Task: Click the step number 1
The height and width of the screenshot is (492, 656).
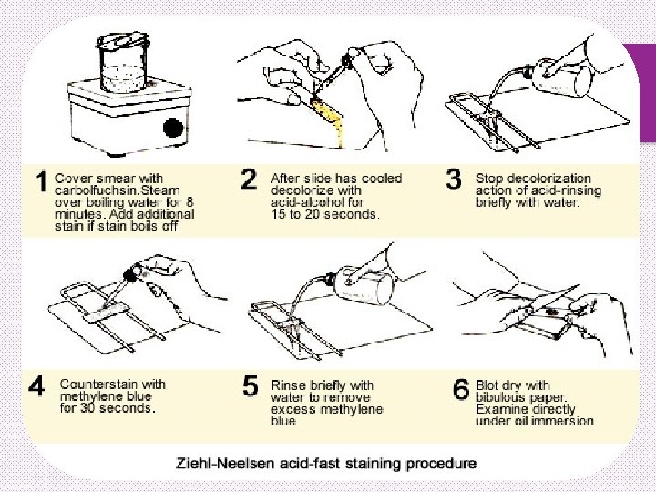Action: tap(41, 182)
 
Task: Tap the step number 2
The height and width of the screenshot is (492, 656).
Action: tap(249, 179)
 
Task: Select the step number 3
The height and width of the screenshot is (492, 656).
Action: tap(454, 179)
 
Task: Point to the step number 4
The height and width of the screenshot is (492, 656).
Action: tap(36, 385)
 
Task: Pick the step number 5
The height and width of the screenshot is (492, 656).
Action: tap(251, 385)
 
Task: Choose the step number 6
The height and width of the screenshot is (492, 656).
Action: tap(461, 389)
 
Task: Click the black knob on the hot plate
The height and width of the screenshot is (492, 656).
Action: tap(173, 128)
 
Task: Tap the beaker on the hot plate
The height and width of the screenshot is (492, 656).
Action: tap(123, 63)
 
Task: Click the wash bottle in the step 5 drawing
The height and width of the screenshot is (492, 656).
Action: tap(365, 285)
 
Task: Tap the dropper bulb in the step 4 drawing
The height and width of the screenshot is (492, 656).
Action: tap(130, 274)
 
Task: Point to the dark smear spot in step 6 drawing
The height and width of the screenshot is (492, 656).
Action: tap(553, 312)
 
